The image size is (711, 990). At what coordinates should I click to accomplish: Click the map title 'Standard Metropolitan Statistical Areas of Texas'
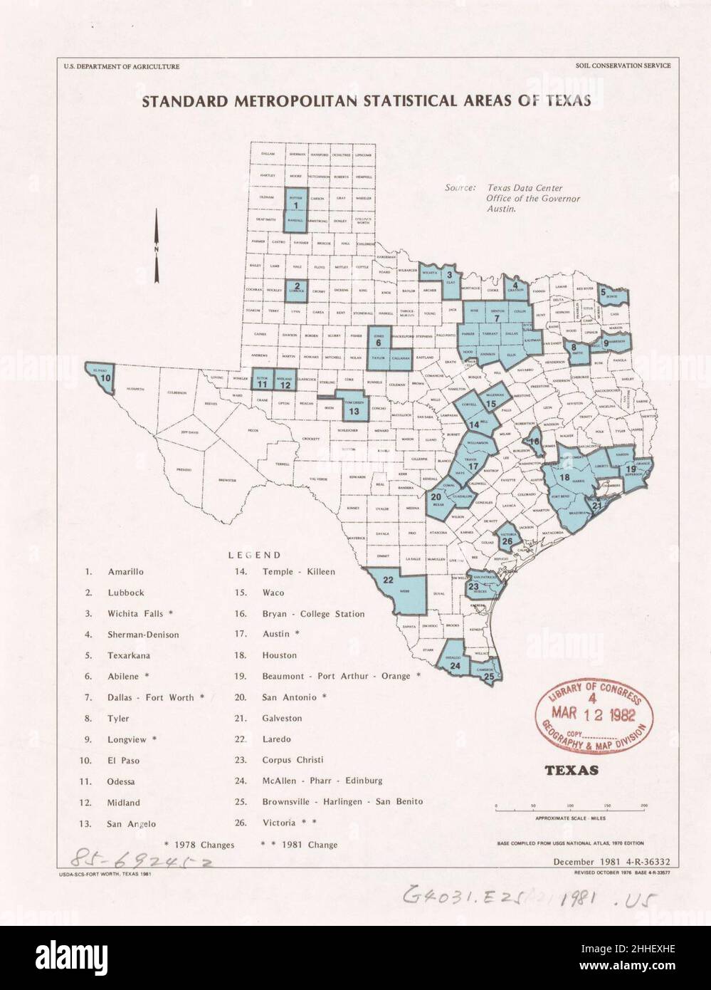pos(367,100)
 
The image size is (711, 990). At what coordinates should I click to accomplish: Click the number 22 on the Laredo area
pos(389,580)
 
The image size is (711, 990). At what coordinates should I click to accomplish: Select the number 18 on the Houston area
pos(564,476)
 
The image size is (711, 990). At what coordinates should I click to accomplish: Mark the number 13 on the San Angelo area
pos(354,411)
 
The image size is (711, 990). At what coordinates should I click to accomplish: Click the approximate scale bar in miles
pos(571,809)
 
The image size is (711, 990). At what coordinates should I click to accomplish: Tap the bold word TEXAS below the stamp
pos(571,770)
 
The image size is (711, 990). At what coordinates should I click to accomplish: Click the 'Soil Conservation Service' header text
pos(623,66)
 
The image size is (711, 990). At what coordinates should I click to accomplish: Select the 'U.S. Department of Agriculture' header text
pos(120,66)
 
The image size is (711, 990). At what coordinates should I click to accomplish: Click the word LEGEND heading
pos(254,555)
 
